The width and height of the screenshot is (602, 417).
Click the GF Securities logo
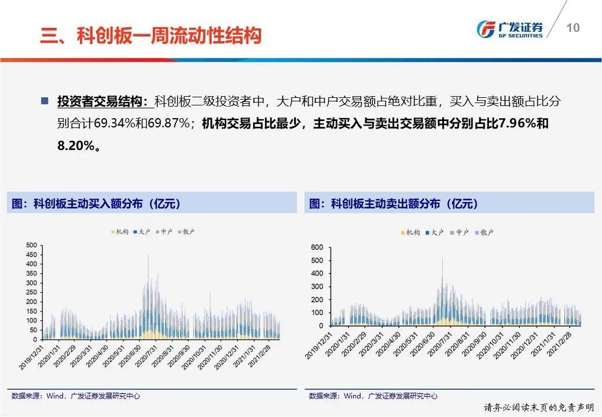[x=509, y=28]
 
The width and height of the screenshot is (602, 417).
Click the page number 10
[x=572, y=28]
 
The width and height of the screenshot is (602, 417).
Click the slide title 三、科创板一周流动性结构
[x=150, y=36]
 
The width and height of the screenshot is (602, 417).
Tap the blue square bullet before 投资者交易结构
[x=45, y=101]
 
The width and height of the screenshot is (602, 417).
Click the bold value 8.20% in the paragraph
[x=75, y=146]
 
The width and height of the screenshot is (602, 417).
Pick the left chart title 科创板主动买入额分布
[x=96, y=203]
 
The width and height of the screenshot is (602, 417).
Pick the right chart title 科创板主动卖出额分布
[x=394, y=203]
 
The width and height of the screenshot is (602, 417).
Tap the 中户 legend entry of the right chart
[x=458, y=232]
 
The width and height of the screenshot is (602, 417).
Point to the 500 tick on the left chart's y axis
[x=31, y=245]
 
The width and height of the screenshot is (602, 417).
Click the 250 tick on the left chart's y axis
[x=31, y=292]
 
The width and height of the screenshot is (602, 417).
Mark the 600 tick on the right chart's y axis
[x=317, y=247]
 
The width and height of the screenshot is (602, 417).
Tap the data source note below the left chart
[x=75, y=396]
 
